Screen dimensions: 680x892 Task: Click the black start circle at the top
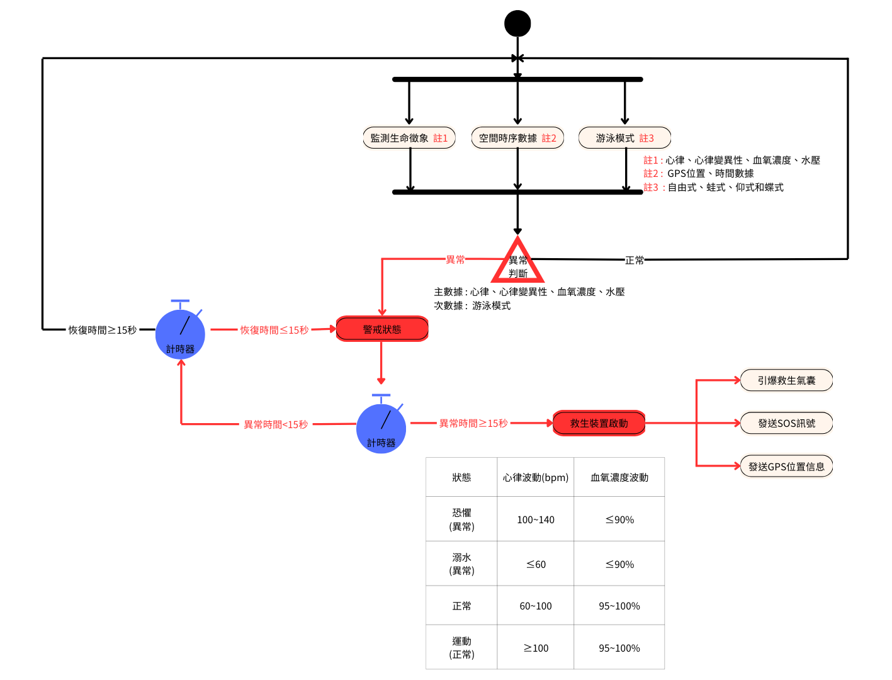(517, 24)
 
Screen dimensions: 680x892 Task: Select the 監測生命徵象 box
(409, 138)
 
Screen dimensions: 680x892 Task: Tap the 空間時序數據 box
(517, 138)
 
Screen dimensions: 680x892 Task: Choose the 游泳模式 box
(624, 138)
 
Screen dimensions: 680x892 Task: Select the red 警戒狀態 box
(382, 329)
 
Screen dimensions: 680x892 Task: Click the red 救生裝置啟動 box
(599, 423)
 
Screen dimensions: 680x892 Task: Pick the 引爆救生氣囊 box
(786, 380)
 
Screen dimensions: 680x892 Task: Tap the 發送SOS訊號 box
(786, 423)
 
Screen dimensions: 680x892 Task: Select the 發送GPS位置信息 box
(786, 467)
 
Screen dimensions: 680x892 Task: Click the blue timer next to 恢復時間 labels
(180, 334)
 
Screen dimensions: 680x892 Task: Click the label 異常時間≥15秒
(473, 424)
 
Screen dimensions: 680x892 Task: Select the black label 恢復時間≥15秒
(103, 330)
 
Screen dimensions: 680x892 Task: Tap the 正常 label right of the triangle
(635, 260)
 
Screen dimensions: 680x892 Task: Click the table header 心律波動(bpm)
(536, 477)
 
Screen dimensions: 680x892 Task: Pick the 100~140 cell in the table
(536, 519)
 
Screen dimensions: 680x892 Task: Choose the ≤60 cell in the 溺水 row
(536, 564)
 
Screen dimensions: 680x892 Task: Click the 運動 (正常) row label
(461, 647)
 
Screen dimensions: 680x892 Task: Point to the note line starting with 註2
(698, 174)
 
